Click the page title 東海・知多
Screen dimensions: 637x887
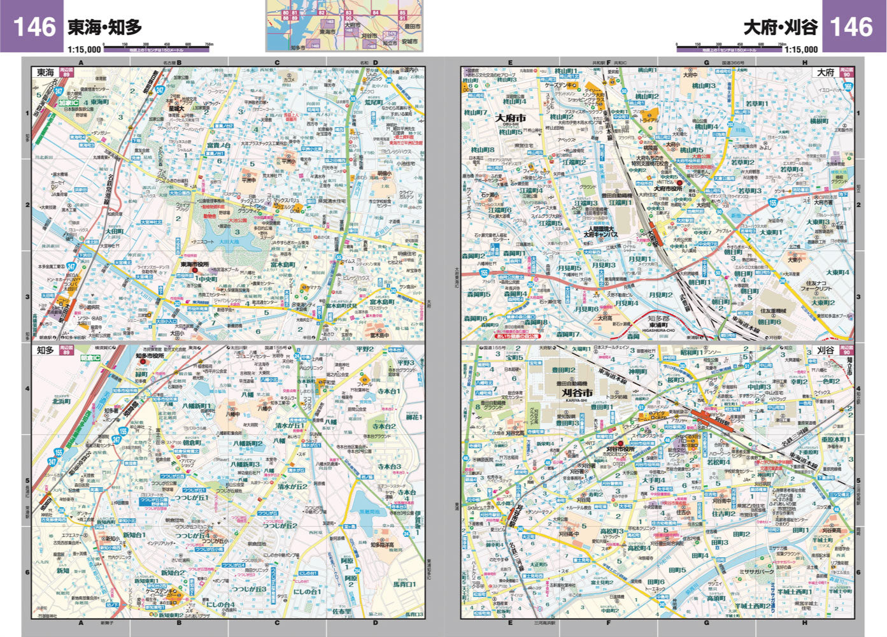[x=104, y=27]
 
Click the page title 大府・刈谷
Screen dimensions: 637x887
[x=781, y=27]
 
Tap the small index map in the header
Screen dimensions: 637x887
[x=344, y=25]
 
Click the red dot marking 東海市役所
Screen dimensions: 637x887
[x=195, y=271]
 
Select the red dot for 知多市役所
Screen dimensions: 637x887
[x=142, y=362]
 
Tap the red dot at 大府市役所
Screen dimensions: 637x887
[x=679, y=182]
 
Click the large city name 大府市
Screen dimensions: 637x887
[x=511, y=118]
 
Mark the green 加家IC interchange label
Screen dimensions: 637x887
[x=67, y=103]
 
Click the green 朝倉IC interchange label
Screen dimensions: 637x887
[x=90, y=359]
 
